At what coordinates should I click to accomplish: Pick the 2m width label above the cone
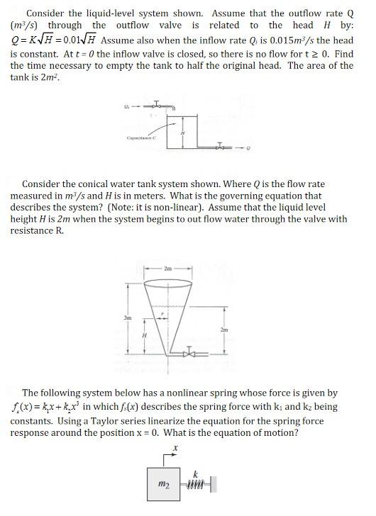pos(167,269)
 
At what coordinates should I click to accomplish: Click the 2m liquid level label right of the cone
pos(225,330)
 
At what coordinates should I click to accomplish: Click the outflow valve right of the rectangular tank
pos(226,147)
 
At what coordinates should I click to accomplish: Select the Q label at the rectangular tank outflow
pos(248,148)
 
